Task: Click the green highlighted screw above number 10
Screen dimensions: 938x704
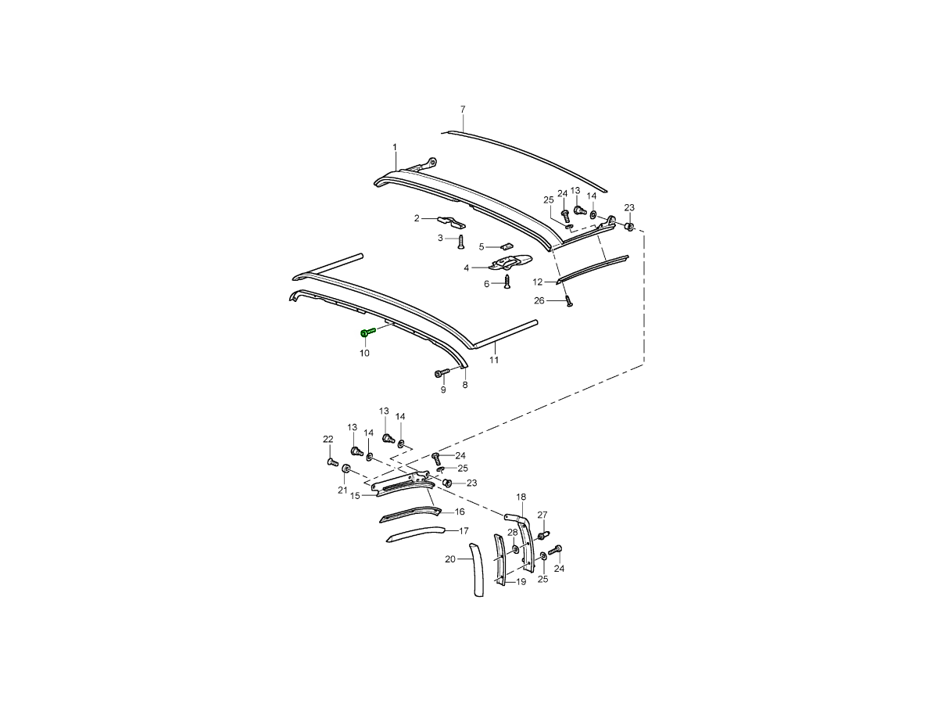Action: click(367, 332)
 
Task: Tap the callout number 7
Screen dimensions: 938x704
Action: click(463, 110)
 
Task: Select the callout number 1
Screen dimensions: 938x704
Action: click(395, 147)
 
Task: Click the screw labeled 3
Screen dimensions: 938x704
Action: click(460, 242)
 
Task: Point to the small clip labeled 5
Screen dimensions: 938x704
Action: click(507, 246)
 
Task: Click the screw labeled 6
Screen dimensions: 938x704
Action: click(507, 282)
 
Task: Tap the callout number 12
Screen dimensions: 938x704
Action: click(537, 282)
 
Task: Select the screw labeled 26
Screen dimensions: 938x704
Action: click(569, 301)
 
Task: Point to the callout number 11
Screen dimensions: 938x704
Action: click(493, 360)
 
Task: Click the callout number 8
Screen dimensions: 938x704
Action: click(465, 385)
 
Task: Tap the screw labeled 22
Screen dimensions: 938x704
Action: click(332, 462)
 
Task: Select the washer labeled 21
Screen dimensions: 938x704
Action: click(345, 469)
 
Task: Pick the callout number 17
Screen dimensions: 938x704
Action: click(464, 531)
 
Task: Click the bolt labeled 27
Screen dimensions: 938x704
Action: click(543, 535)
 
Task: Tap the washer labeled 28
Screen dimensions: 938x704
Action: click(515, 549)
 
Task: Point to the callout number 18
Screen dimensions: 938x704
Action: click(521, 497)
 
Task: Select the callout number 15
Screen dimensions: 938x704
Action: click(355, 496)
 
